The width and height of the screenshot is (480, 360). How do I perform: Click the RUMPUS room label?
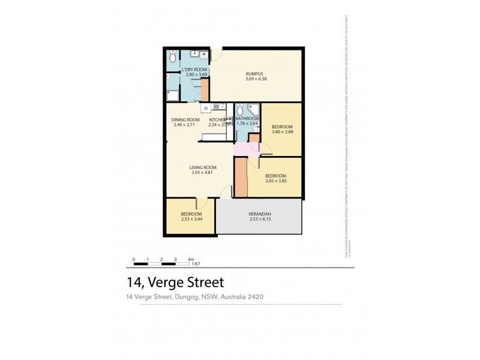(256, 74)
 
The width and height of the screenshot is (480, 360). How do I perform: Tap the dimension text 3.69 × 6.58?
(256, 79)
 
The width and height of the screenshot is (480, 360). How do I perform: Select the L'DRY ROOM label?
(194, 70)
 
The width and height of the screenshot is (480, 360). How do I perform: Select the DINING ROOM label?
(185, 120)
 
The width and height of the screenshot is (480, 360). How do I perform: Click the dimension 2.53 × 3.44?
(191, 220)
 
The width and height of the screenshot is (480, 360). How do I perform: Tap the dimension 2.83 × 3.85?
(277, 181)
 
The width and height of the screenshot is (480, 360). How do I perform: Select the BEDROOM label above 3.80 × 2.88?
(281, 127)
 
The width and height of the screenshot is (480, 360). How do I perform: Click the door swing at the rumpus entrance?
(217, 54)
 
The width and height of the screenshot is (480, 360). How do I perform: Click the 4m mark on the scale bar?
(191, 260)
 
